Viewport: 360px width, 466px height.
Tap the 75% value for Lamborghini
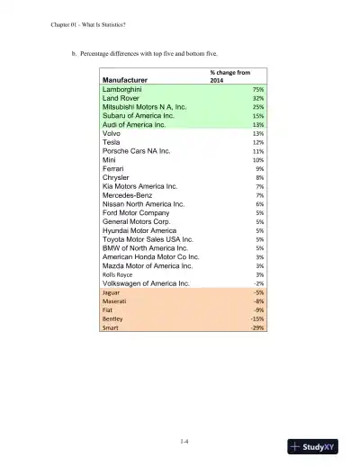257,90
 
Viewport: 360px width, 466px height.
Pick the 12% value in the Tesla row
257,142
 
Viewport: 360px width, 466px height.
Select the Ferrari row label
113,168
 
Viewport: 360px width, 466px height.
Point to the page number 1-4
184,440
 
